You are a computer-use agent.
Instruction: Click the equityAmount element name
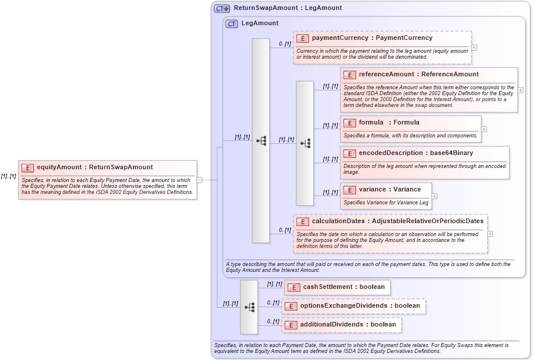pos(95,167)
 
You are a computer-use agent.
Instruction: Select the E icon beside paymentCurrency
pos(303,38)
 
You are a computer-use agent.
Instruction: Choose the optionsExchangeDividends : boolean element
pos(353,306)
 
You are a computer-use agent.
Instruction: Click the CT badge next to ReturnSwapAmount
pos(222,8)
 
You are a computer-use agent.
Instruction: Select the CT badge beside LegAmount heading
pos(232,23)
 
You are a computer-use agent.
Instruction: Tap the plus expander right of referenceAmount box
pos(521,90)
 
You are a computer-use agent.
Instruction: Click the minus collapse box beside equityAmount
pos(200,180)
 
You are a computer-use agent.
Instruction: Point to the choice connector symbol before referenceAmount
pos(305,143)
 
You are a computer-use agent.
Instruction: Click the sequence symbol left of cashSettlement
pos(249,307)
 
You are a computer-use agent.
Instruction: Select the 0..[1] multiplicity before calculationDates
pos(284,230)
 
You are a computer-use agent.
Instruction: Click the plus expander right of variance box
pos(434,196)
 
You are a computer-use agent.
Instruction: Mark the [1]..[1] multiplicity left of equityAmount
pos(8,176)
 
